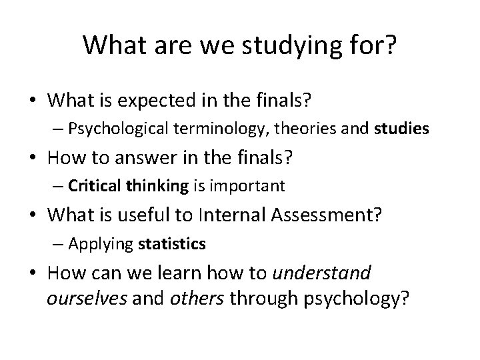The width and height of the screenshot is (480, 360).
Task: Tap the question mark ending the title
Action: pyautogui.click(x=391, y=45)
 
